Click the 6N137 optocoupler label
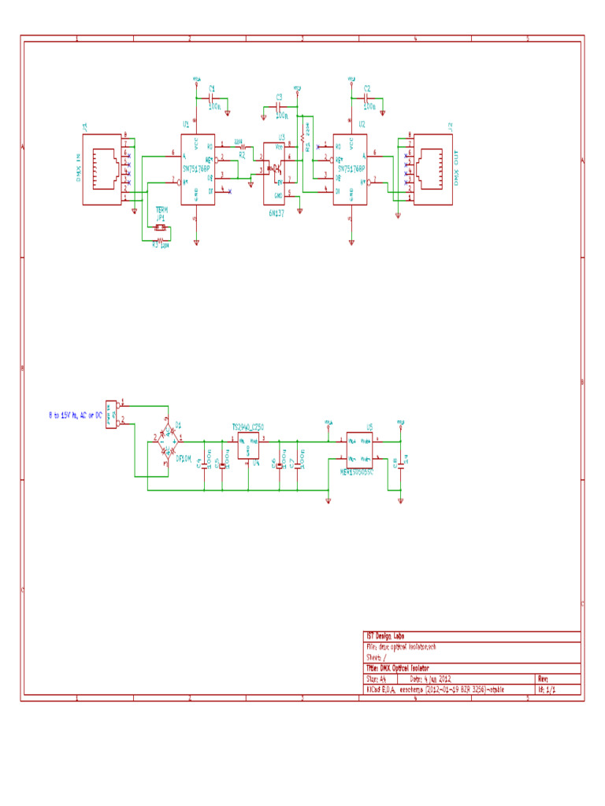[x=275, y=213]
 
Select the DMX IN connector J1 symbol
[x=105, y=168]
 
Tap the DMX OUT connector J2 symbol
[x=432, y=168]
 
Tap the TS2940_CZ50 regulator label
[x=247, y=427]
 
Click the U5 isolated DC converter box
[x=360, y=449]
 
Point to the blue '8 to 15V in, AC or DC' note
[x=74, y=415]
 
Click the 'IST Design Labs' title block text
[x=384, y=636]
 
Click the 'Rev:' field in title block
[x=544, y=678]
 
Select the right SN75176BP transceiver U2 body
[x=351, y=168]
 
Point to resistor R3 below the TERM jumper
[x=160, y=244]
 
